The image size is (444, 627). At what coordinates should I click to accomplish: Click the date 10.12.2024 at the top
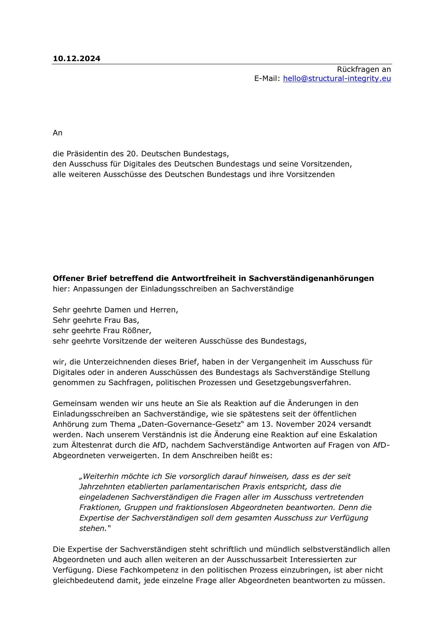coord(77,58)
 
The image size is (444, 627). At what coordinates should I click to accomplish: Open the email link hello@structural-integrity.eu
coord(337,78)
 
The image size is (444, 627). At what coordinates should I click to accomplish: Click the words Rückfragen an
coord(364,69)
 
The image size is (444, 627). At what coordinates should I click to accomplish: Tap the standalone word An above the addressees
coord(57,133)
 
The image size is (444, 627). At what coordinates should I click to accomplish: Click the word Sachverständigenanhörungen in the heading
coord(311,278)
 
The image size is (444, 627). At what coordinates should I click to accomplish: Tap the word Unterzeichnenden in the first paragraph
coord(116,362)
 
